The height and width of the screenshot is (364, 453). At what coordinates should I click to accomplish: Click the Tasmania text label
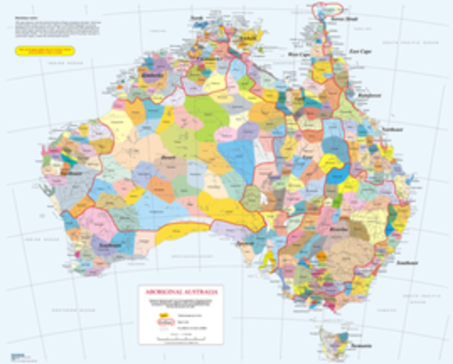361,346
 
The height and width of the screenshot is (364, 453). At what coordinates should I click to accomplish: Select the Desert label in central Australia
169,158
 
